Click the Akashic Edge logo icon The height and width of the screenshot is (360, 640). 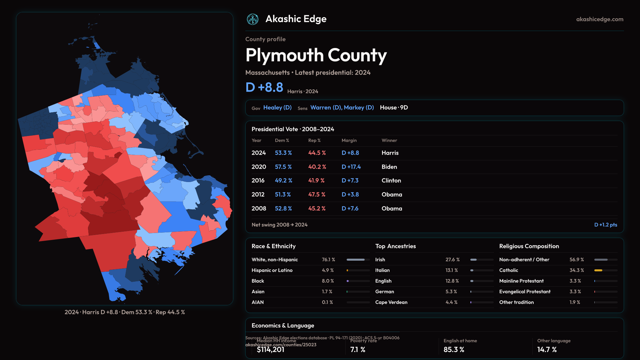(x=253, y=19)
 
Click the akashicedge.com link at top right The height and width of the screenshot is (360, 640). (x=600, y=19)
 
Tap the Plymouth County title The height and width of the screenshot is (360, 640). (x=316, y=55)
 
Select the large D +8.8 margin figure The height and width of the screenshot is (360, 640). (x=264, y=87)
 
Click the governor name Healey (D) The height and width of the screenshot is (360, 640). (x=277, y=108)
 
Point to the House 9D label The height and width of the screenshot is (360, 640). (x=394, y=108)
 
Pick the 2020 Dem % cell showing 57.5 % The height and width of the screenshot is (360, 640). (x=283, y=167)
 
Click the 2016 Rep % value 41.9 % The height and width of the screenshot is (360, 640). (x=316, y=181)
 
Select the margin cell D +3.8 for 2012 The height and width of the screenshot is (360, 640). (x=350, y=195)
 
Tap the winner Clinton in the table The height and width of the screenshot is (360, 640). (x=391, y=181)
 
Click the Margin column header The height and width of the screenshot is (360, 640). (x=349, y=141)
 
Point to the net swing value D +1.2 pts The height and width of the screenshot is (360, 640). (x=605, y=225)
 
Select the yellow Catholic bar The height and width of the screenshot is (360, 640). (x=598, y=270)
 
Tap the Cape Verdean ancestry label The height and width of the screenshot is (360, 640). (x=391, y=302)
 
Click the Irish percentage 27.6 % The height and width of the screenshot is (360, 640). (x=452, y=260)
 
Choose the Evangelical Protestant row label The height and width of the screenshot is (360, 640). (x=525, y=292)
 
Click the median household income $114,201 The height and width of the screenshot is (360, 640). (x=270, y=350)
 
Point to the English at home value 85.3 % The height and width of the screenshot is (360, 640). (x=454, y=350)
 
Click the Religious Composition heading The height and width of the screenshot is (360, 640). (x=529, y=246)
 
